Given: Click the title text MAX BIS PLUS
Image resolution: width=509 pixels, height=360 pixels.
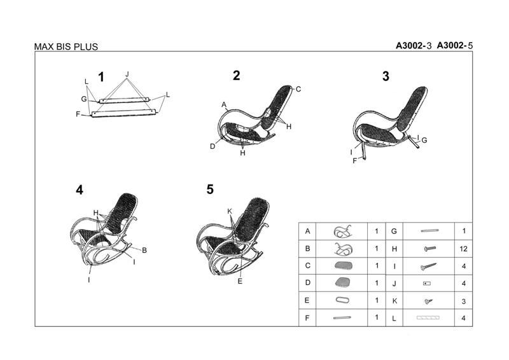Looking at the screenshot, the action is pyautogui.click(x=66, y=46).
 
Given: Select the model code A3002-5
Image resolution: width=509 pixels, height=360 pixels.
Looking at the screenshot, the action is pyautogui.click(x=454, y=45).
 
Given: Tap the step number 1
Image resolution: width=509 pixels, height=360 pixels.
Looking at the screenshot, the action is pyautogui.click(x=101, y=77).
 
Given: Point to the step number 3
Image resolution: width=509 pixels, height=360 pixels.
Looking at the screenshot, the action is pyautogui.click(x=386, y=76).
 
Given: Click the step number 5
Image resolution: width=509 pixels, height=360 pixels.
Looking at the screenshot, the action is pyautogui.click(x=210, y=190).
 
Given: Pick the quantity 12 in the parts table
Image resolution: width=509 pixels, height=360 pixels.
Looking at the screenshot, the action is pyautogui.click(x=463, y=249).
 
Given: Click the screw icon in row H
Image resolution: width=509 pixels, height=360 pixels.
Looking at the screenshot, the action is pyautogui.click(x=430, y=249).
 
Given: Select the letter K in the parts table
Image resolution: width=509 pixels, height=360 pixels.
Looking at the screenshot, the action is pyautogui.click(x=394, y=301).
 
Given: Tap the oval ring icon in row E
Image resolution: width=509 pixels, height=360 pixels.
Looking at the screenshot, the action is pyautogui.click(x=342, y=300).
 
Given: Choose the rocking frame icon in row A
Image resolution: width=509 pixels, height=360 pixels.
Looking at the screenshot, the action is pyautogui.click(x=342, y=232).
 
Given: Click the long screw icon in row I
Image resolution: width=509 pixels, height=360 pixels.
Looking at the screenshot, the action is pyautogui.click(x=428, y=267).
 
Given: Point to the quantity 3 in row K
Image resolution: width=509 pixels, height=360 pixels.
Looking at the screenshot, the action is pyautogui.click(x=464, y=301).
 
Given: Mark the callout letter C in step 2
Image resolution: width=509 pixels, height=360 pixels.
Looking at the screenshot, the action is pyautogui.click(x=298, y=89).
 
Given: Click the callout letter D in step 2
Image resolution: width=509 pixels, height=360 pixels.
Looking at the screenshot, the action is pyautogui.click(x=213, y=146).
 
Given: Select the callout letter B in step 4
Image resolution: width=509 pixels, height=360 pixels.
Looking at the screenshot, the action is pyautogui.click(x=144, y=250).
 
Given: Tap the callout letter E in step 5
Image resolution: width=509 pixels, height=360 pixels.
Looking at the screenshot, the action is pyautogui.click(x=240, y=281).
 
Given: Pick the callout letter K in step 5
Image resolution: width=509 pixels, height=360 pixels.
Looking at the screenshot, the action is pyautogui.click(x=230, y=211).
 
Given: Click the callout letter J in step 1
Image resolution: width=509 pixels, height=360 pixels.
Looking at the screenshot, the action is pyautogui.click(x=127, y=74).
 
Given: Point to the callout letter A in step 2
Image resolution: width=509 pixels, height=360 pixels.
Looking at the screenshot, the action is pyautogui.click(x=224, y=104).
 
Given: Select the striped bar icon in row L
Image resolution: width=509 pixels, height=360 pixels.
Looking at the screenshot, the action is pyautogui.click(x=428, y=317).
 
